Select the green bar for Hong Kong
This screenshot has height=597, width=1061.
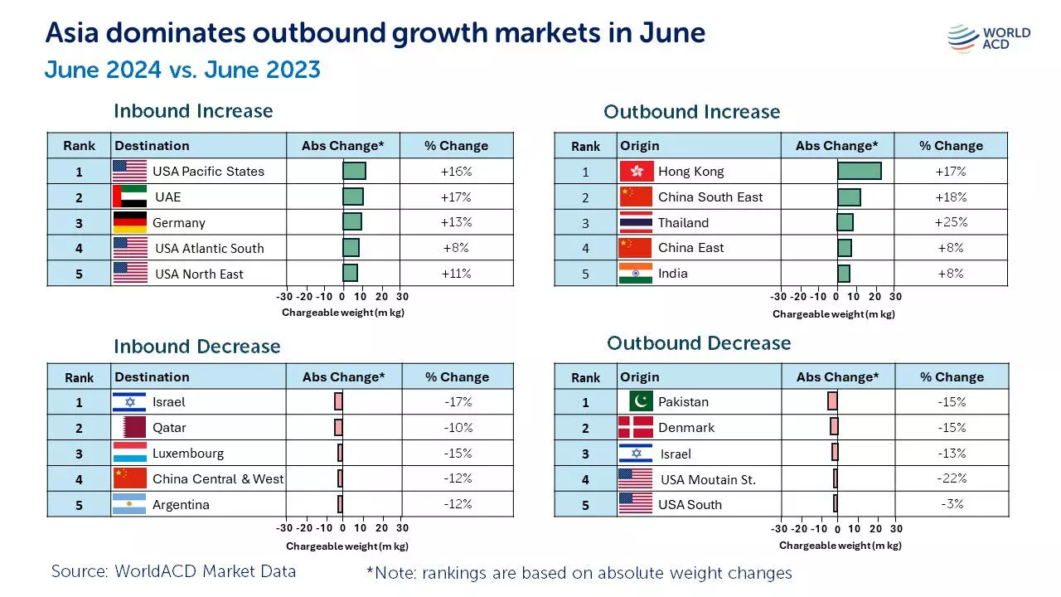859,171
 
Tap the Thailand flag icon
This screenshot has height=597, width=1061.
636,222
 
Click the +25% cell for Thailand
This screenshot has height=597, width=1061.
950,222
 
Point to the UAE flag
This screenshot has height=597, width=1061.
129,197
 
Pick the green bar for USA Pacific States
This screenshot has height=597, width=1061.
354,171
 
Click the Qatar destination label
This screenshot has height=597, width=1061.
169,428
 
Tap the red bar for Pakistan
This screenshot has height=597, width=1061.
832,401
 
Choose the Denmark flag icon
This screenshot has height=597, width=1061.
636,428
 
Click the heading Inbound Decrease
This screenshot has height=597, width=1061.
197,347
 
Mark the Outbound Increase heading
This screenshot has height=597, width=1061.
691,112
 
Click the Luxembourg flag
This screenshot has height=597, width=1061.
129,454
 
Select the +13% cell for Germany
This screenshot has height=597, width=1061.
457,222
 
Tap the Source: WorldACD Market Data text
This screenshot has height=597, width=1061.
173,571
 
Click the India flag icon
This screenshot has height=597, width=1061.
636,273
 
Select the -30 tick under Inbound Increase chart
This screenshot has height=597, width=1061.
284,296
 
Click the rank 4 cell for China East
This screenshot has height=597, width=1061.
585,248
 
